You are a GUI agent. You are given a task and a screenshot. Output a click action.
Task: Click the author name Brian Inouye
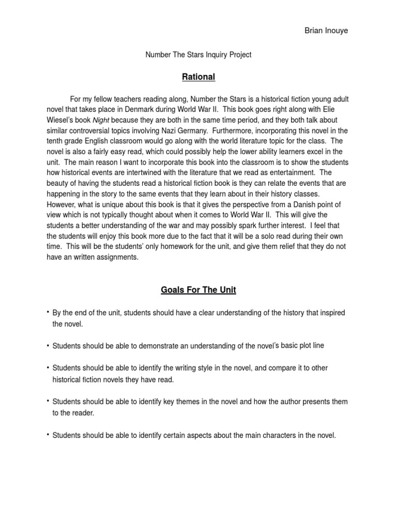[x=326, y=31]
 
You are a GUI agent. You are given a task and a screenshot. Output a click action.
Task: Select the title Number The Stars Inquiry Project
[x=198, y=54]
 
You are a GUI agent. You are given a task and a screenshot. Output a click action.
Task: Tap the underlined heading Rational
[x=198, y=77]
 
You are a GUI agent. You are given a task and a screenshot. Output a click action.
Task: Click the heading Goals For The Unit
[x=198, y=290]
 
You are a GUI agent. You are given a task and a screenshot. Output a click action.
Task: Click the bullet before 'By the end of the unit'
[x=48, y=312]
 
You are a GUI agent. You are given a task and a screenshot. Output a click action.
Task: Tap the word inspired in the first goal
[x=330, y=313]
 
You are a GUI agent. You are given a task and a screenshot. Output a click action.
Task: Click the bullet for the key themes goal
[x=48, y=401]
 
